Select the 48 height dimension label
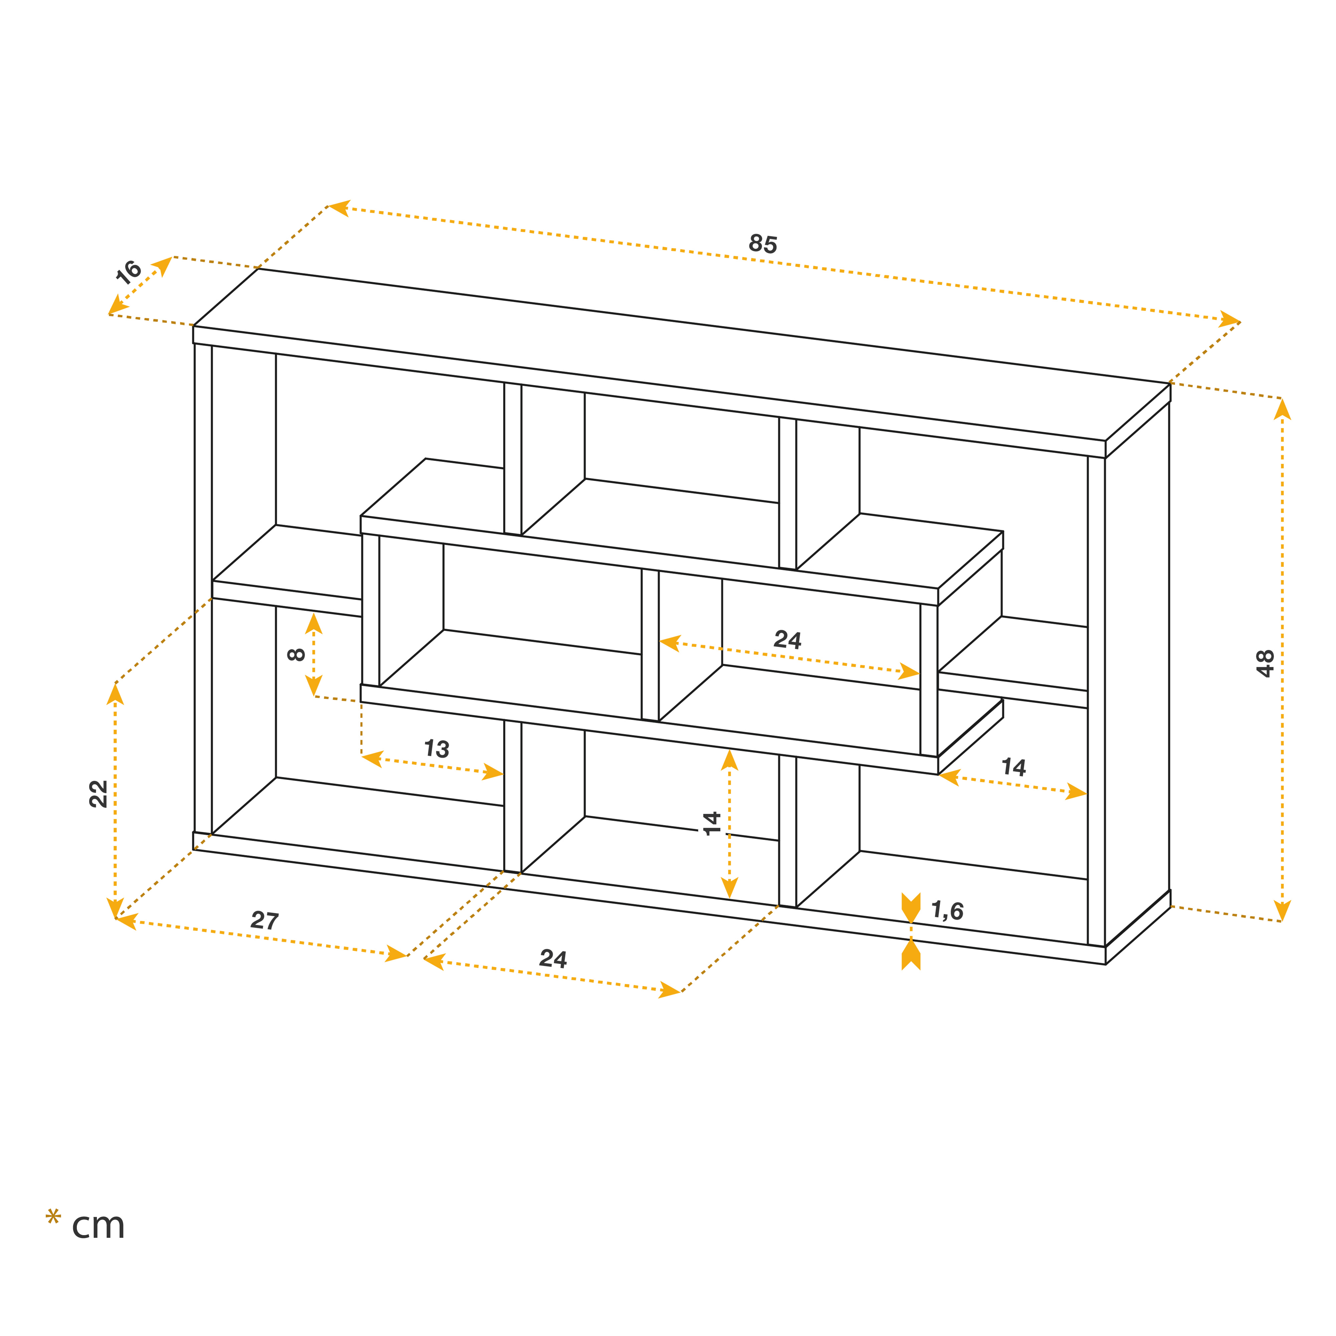tap(1265, 663)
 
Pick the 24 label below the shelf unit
tap(553, 959)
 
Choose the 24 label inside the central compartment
tap(788, 639)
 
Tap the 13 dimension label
tap(436, 748)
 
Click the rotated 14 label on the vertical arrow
tap(711, 824)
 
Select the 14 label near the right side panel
tap(1014, 767)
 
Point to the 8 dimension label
tap(296, 654)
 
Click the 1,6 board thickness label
tap(947, 911)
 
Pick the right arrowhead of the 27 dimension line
tap(397, 954)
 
